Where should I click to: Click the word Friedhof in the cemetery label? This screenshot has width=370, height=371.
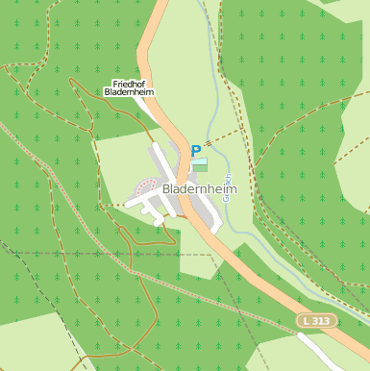pyautogui.click(x=130, y=84)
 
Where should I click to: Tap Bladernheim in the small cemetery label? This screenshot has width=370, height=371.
pyautogui.click(x=130, y=93)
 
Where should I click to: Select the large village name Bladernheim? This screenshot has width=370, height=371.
pyautogui.click(x=199, y=189)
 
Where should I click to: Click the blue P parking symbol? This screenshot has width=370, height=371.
pyautogui.click(x=196, y=151)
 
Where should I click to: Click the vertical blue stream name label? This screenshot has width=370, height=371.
pyautogui.click(x=228, y=180)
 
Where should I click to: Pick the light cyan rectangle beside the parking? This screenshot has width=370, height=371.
pyautogui.click(x=200, y=161)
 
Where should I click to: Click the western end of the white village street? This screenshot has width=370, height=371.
pyautogui.click(x=128, y=204)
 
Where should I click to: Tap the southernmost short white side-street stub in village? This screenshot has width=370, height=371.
pyautogui.click(x=159, y=221)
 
